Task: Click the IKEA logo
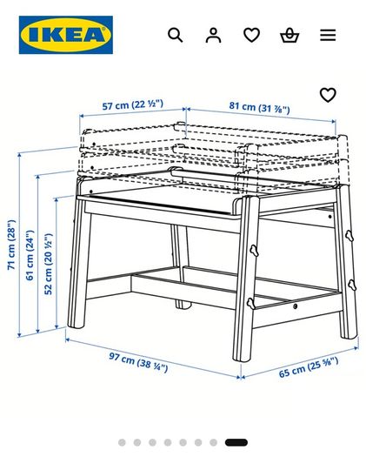66,35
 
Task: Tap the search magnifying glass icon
176,35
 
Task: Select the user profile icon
213,35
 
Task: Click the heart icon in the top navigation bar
251,35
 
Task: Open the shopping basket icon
289,35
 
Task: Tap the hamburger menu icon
328,35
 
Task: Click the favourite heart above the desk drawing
328,95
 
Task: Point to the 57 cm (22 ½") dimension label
133,104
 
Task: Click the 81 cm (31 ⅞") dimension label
259,107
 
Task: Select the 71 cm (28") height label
11,245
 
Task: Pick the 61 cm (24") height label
30,255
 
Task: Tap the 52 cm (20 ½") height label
49,264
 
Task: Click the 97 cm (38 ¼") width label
138,362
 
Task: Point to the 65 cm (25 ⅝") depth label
309,367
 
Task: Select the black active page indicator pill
236,442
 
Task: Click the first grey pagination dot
122,442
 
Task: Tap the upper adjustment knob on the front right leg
254,251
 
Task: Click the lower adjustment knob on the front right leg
250,304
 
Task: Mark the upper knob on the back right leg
349,236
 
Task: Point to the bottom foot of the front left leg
75,325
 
